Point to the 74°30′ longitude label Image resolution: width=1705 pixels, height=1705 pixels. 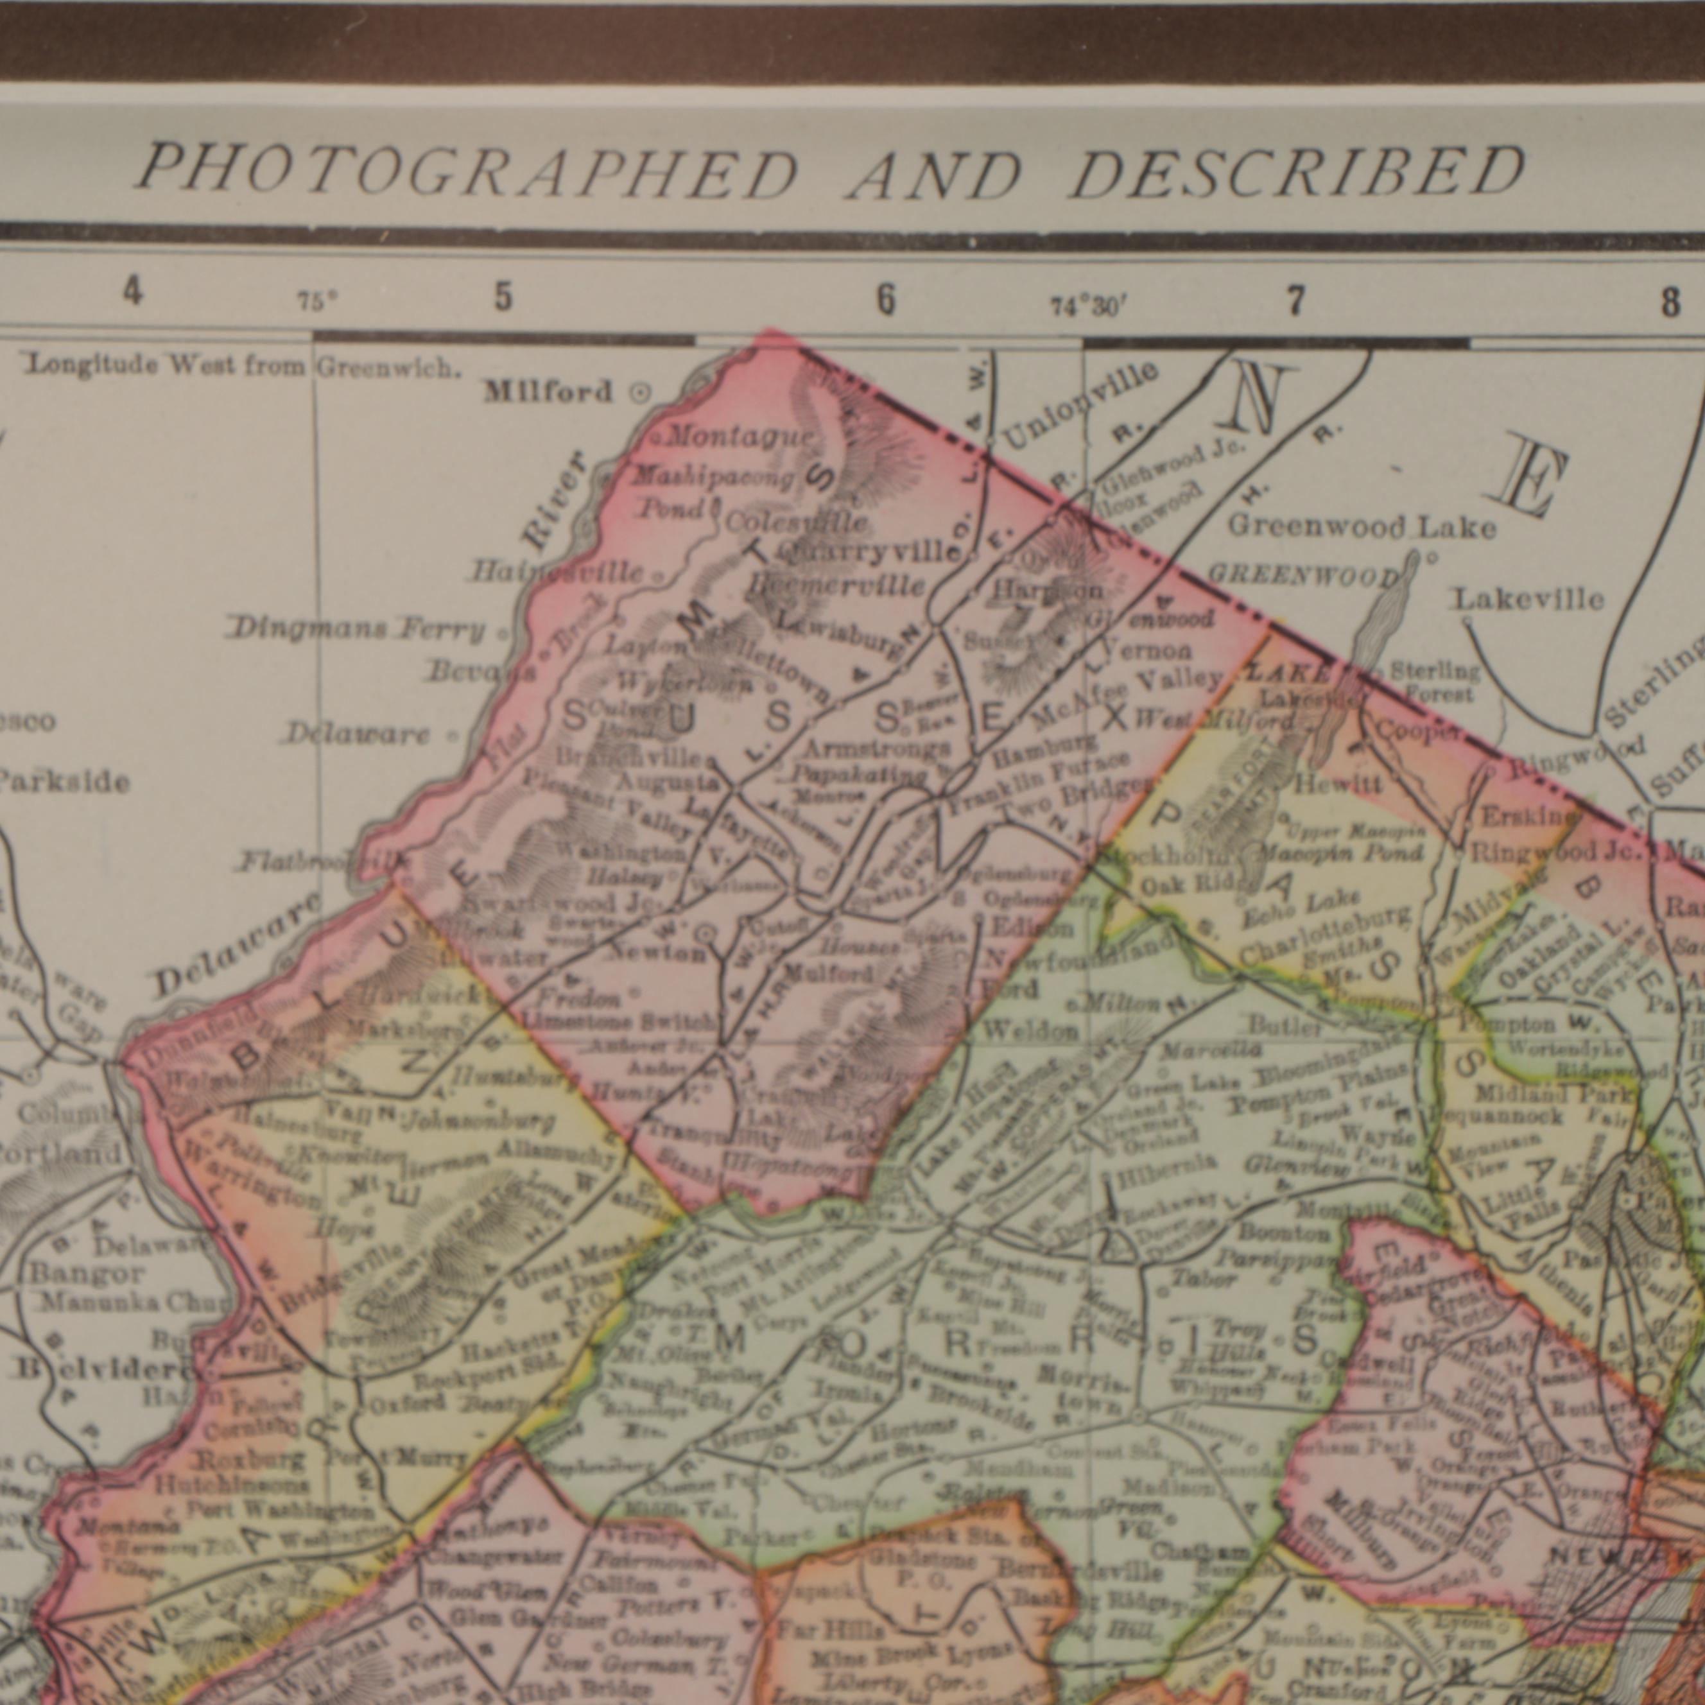click(1088, 306)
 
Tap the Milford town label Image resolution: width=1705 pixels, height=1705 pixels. click(548, 392)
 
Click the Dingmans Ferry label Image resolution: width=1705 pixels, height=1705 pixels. click(358, 630)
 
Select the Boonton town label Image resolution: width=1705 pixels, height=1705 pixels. click(1284, 1232)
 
